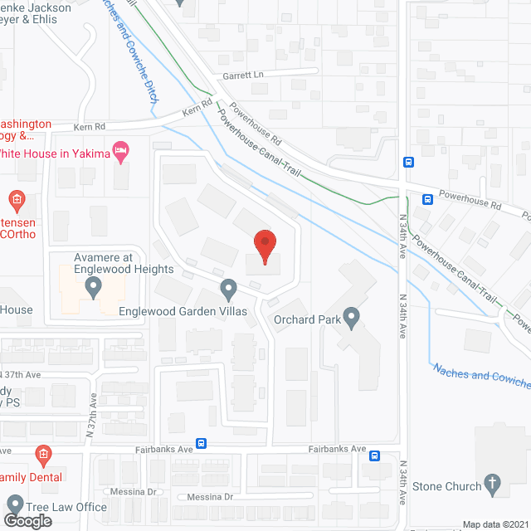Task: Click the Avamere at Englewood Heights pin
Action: [93, 288]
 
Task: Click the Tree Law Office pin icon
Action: [14, 505]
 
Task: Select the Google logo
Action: [27, 520]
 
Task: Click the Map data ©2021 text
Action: [495, 524]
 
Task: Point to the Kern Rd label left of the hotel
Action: [89, 127]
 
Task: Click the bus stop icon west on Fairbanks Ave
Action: [201, 444]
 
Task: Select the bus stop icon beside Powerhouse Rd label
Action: [427, 199]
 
